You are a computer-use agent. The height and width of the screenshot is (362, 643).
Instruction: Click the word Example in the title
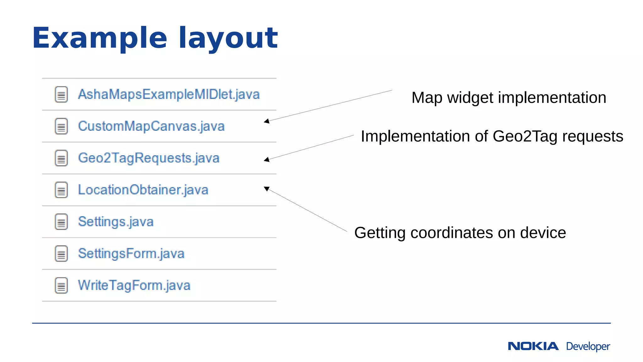(x=100, y=38)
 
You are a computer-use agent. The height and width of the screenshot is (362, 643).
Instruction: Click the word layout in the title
(x=228, y=38)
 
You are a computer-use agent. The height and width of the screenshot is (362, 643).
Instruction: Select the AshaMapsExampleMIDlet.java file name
(x=169, y=94)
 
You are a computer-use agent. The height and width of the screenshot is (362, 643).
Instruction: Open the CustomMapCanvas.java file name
(x=151, y=126)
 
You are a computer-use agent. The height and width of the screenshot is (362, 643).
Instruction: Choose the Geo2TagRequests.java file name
(x=149, y=158)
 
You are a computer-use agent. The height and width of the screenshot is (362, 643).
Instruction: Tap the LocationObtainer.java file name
(x=143, y=190)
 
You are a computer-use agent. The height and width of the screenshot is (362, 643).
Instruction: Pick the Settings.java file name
(x=116, y=222)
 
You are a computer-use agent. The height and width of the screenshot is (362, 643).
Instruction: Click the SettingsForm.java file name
(x=131, y=254)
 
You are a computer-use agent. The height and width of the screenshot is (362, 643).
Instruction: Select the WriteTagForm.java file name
(x=134, y=285)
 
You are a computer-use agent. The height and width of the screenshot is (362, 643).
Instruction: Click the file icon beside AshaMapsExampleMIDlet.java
(x=61, y=94)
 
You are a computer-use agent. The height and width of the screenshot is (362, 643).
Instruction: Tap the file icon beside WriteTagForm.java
(x=61, y=285)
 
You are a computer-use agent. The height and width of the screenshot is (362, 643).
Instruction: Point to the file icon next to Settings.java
(x=61, y=222)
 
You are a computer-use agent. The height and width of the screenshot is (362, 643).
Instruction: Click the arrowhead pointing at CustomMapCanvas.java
(x=267, y=121)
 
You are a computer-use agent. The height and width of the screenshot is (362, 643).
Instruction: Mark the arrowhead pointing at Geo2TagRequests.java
(x=267, y=160)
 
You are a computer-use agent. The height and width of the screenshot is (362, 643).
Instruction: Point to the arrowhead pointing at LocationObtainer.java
(x=267, y=189)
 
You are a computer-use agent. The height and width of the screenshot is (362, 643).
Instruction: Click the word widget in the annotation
(x=470, y=98)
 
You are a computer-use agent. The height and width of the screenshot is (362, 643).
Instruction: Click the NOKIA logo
(x=533, y=346)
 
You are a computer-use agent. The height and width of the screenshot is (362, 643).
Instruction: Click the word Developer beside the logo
(x=588, y=347)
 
